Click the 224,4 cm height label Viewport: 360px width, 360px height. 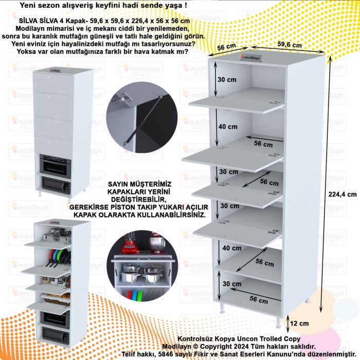(342, 194)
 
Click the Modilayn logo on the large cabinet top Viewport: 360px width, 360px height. (251, 58)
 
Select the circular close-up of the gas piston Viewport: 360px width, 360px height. (138, 121)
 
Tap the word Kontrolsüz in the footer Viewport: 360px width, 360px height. (196, 339)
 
